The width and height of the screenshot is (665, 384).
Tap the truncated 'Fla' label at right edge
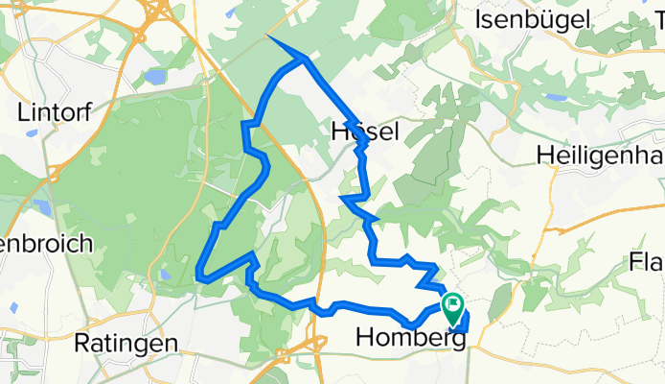click(x=646, y=261)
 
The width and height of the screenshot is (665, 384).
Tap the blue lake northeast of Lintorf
click(x=155, y=76)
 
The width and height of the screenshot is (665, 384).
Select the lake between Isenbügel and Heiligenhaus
click(x=554, y=97)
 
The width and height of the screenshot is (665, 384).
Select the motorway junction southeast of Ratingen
click(x=285, y=355)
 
